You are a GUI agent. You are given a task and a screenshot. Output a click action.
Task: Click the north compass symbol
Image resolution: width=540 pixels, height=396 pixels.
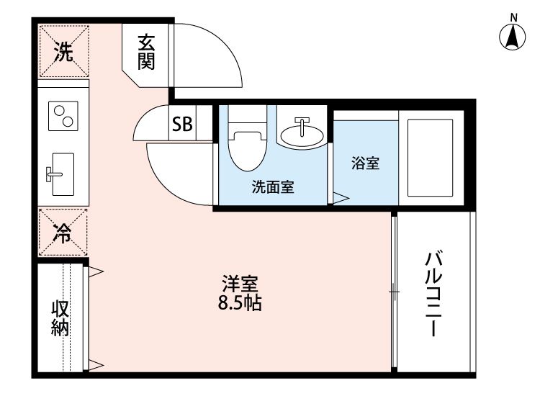(512, 35)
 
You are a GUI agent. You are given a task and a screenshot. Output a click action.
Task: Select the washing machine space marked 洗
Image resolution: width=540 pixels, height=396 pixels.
(64, 52)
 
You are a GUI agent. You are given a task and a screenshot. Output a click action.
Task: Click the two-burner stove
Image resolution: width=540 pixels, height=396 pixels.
(63, 116)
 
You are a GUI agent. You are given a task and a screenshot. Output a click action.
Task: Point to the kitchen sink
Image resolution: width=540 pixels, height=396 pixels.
(61, 173)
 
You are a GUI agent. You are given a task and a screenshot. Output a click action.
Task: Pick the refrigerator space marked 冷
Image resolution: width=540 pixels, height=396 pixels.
(63, 232)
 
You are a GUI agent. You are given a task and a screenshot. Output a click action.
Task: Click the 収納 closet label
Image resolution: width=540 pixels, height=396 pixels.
(60, 318)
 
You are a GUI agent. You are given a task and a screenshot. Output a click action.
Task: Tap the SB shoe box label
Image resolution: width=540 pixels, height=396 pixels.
(181, 124)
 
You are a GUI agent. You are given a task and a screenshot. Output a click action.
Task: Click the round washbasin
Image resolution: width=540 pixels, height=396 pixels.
(301, 133)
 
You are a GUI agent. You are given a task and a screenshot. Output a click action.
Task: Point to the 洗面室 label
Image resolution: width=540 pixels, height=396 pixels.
(272, 188)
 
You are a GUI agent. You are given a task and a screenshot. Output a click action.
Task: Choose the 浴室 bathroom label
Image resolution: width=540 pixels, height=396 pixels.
(365, 163)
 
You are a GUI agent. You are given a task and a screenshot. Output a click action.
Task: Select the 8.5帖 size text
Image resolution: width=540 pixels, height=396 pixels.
(239, 303)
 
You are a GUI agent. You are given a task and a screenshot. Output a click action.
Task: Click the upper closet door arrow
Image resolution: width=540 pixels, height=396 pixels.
(96, 271)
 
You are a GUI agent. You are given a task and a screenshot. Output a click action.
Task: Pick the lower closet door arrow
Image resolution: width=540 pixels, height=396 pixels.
(96, 364)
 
